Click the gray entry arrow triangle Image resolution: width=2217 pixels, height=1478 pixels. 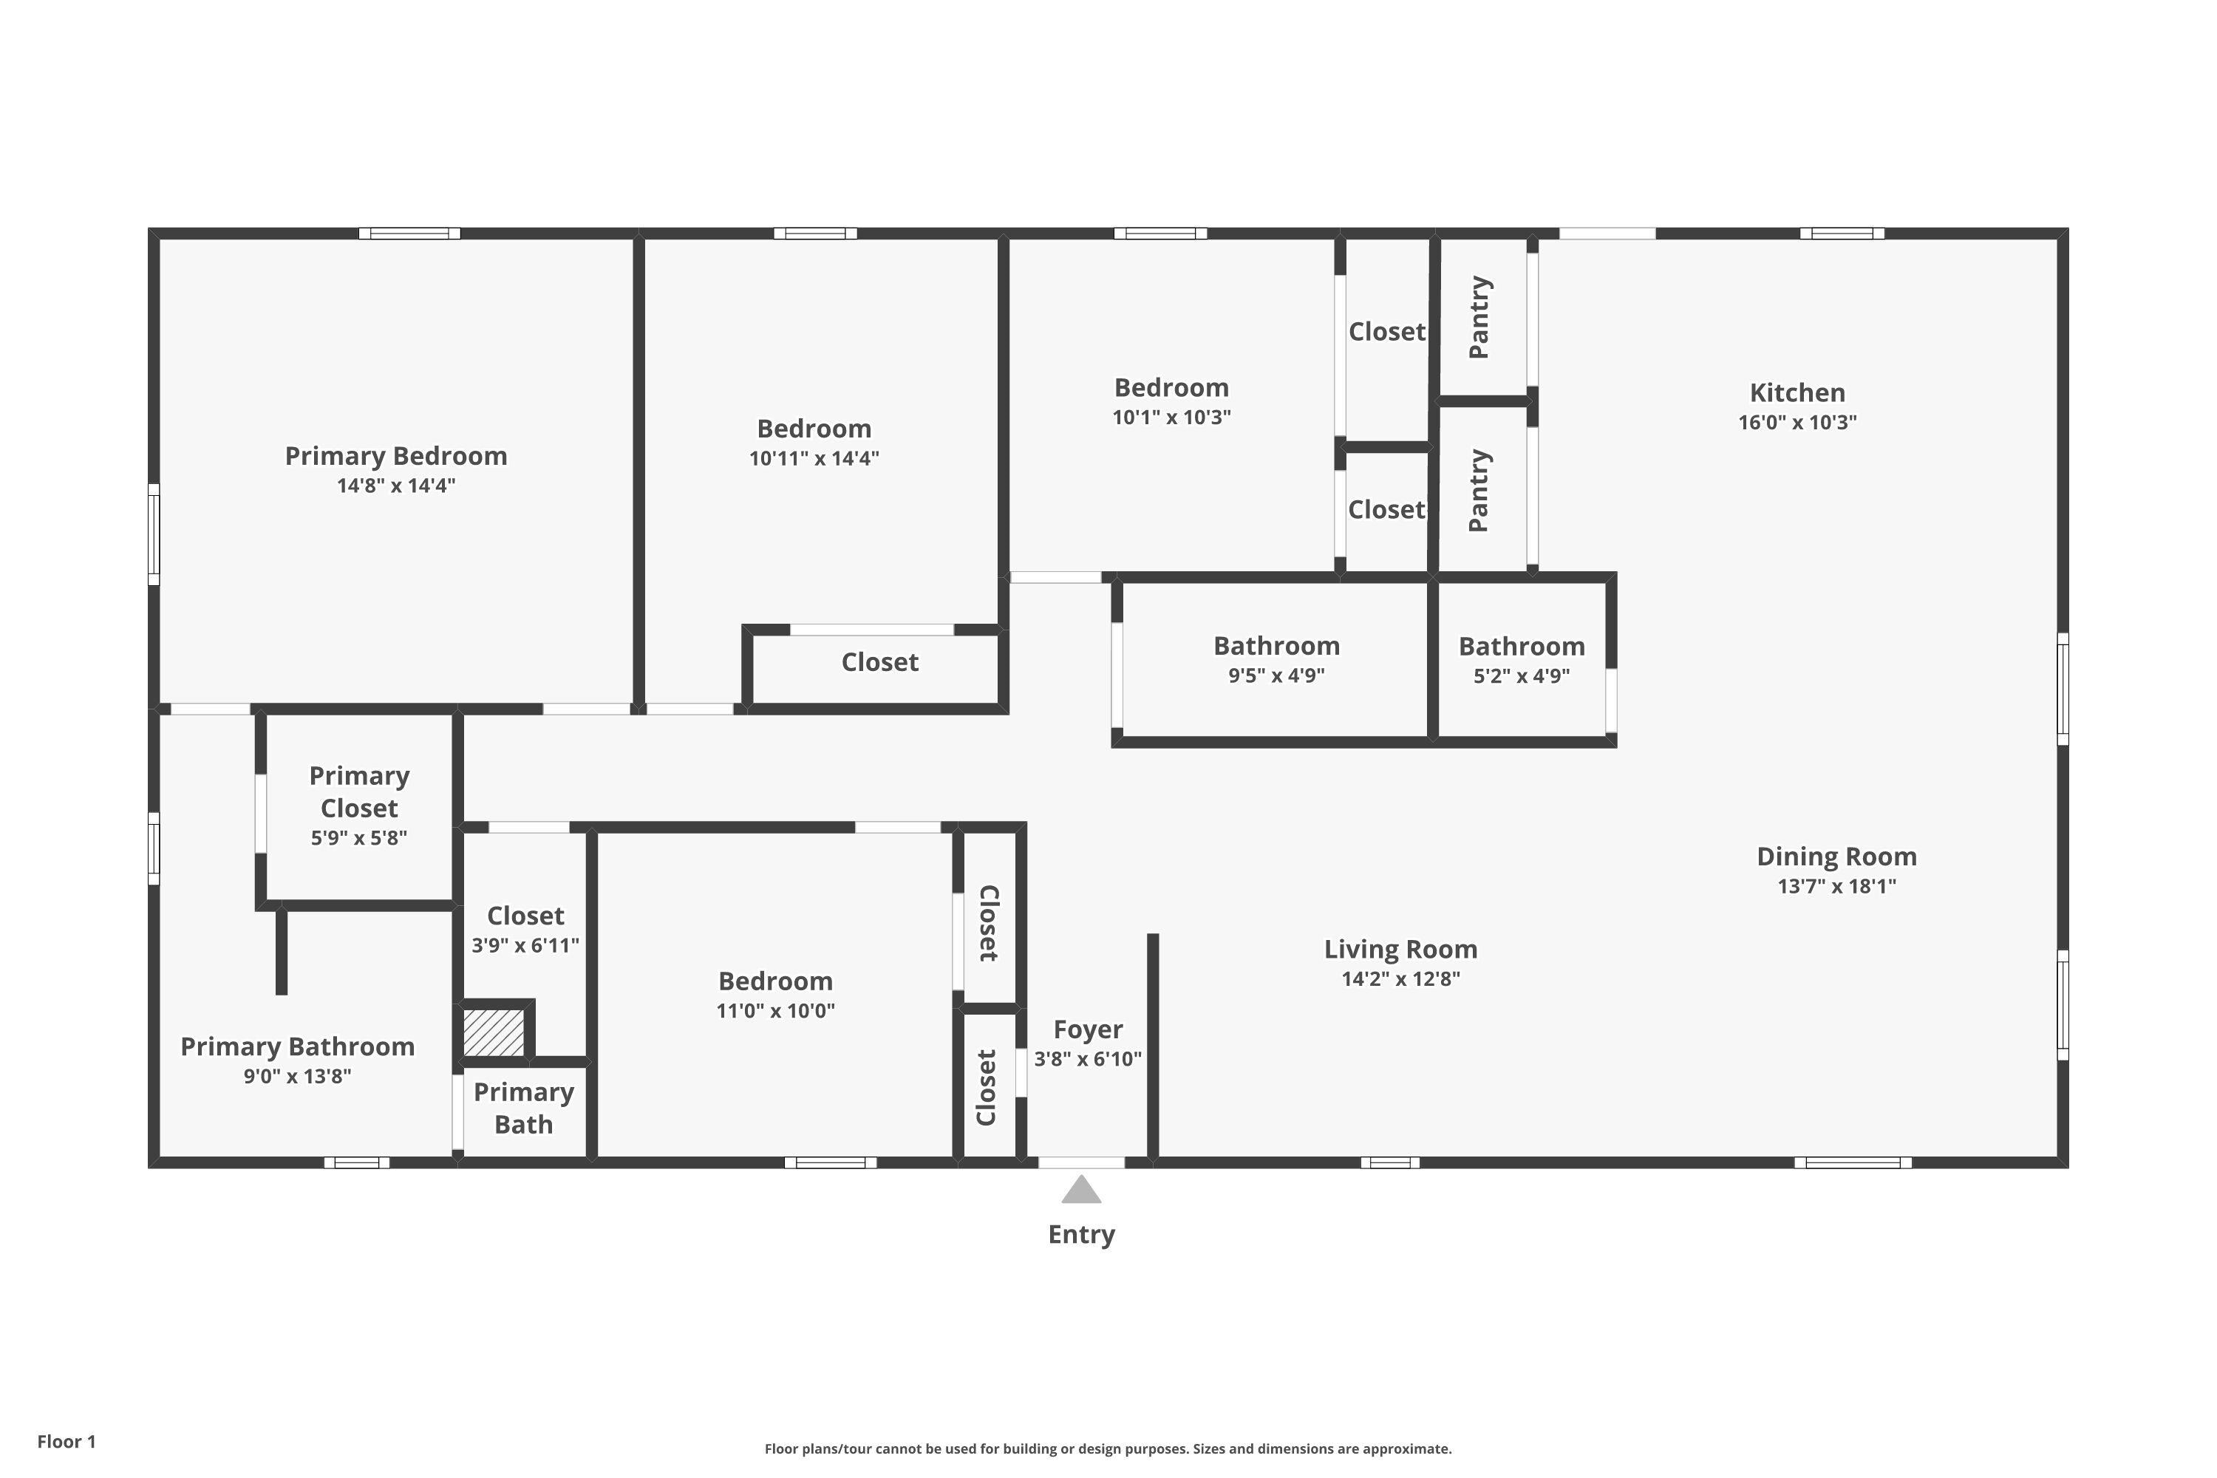coord(1081,1190)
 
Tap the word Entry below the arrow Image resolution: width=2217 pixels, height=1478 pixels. coord(1081,1235)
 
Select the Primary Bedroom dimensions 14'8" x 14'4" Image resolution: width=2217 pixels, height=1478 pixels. coord(396,486)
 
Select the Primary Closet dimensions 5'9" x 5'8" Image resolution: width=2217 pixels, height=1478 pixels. coord(359,838)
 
